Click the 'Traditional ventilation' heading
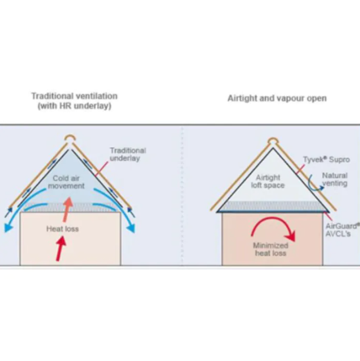[74, 96]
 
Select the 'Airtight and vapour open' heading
[277, 98]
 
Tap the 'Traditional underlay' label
[128, 154]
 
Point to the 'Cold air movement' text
[66, 182]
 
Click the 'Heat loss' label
[62, 229]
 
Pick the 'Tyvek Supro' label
[326, 160]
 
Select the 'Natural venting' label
[335, 179]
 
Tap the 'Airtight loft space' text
[267, 182]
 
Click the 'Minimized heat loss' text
[271, 249]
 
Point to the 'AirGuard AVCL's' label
[342, 230]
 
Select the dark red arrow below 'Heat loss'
[61, 248]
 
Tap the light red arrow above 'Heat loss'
[67, 210]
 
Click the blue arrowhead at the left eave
[8, 228]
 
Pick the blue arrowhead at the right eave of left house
[131, 228]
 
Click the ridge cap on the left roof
[70, 139]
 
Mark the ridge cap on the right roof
[273, 141]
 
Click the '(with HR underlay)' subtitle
[75, 106]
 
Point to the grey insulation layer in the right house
[273, 206]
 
